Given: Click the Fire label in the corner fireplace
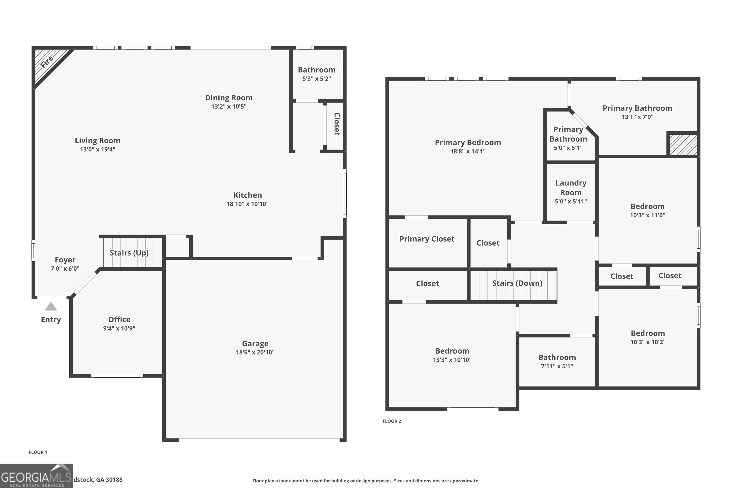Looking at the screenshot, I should tap(47, 62).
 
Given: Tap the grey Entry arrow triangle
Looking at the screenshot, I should tap(51, 306).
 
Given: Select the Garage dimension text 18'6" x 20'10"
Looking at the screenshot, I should tap(255, 352).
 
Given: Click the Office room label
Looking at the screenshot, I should tap(119, 320).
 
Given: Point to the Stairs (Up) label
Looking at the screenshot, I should tap(129, 253).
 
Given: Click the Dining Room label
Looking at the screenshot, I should tap(229, 98).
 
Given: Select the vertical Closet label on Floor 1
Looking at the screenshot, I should tap(337, 124).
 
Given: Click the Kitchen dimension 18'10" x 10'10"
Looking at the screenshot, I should tap(247, 204).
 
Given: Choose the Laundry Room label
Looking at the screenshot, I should tap(571, 188).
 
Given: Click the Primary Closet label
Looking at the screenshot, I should tap(427, 239).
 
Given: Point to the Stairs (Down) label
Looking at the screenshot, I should tap(517, 283).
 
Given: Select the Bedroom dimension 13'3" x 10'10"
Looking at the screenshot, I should tap(452, 360).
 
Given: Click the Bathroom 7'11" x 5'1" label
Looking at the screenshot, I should tap(557, 357).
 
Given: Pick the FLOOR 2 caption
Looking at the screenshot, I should tap(392, 421).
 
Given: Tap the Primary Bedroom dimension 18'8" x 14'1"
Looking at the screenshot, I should tap(468, 151).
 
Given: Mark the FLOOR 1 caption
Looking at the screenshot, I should tap(38, 452).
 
